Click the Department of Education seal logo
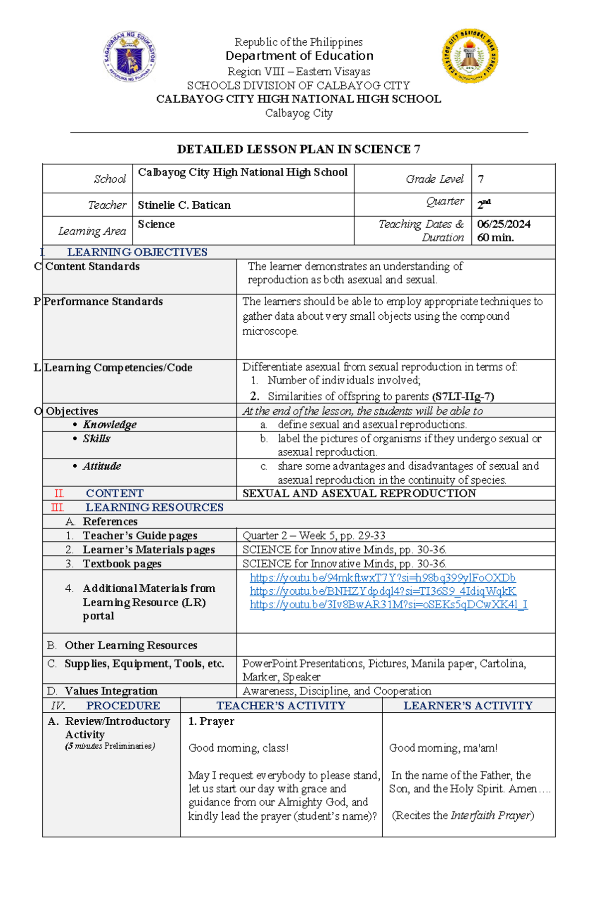pyautogui.click(x=130, y=55)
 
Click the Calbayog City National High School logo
pyautogui.click(x=469, y=55)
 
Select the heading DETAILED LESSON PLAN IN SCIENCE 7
pyautogui.click(x=299, y=149)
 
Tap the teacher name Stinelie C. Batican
pyautogui.click(x=184, y=205)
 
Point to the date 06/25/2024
pyautogui.click(x=503, y=224)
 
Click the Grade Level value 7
pyautogui.click(x=480, y=179)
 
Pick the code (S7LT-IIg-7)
pyautogui.click(x=463, y=396)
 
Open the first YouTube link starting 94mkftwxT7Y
pyautogui.click(x=382, y=578)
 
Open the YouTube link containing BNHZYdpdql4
pyautogui.click(x=382, y=591)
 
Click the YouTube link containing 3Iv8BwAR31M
pyautogui.click(x=388, y=605)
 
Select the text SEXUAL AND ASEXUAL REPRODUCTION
pyautogui.click(x=359, y=493)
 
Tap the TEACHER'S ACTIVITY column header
pyautogui.click(x=281, y=705)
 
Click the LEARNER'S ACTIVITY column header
pyautogui.click(x=467, y=705)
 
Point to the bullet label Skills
pyautogui.click(x=96, y=439)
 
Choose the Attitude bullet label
pyautogui.click(x=102, y=466)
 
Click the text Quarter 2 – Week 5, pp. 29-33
pyautogui.click(x=313, y=535)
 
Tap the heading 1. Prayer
pyautogui.click(x=211, y=721)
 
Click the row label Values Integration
pyautogui.click(x=111, y=691)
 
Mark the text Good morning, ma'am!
pyautogui.click(x=443, y=748)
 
